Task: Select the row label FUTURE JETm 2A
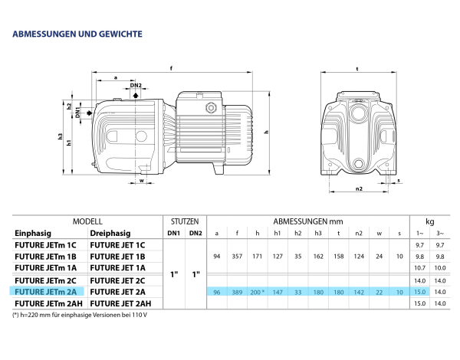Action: click(45, 292)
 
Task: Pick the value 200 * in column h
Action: click(259, 292)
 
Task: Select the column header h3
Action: click(318, 232)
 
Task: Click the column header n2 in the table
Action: click(358, 232)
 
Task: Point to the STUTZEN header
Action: click(185, 221)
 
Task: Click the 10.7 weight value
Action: click(419, 268)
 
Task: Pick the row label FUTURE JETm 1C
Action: click(45, 244)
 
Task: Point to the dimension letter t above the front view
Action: click(357, 68)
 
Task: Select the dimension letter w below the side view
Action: click(120, 182)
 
